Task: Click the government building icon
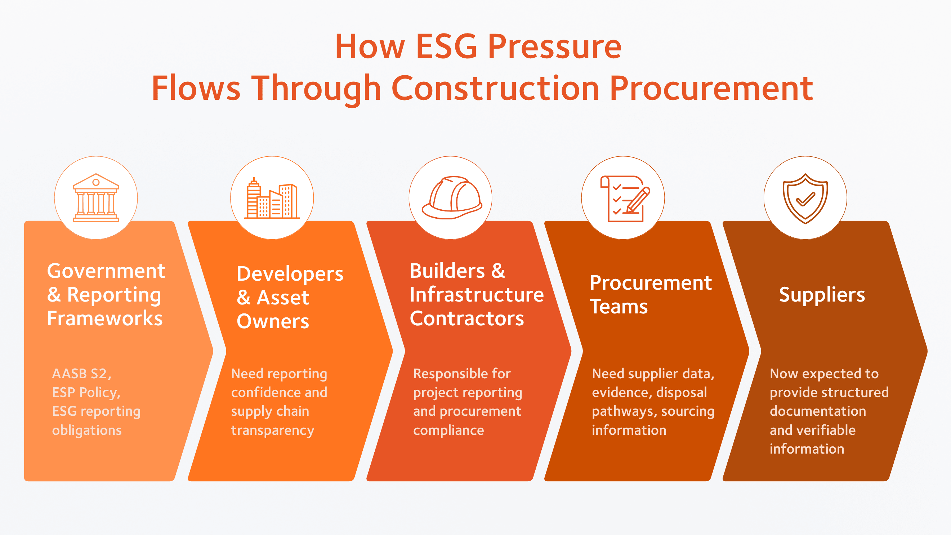click(x=96, y=197)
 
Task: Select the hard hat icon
click(x=452, y=197)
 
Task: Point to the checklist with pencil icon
click(x=625, y=199)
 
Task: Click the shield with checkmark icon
click(x=805, y=199)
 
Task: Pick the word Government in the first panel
click(x=106, y=271)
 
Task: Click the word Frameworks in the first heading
click(x=105, y=318)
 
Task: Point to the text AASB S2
click(x=81, y=374)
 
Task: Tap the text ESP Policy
click(x=86, y=392)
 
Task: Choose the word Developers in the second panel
click(x=290, y=274)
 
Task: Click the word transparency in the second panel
click(x=273, y=431)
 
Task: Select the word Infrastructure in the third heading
click(x=477, y=295)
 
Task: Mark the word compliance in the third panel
click(x=448, y=431)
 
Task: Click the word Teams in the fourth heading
click(x=619, y=307)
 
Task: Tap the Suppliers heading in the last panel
click(x=822, y=295)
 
